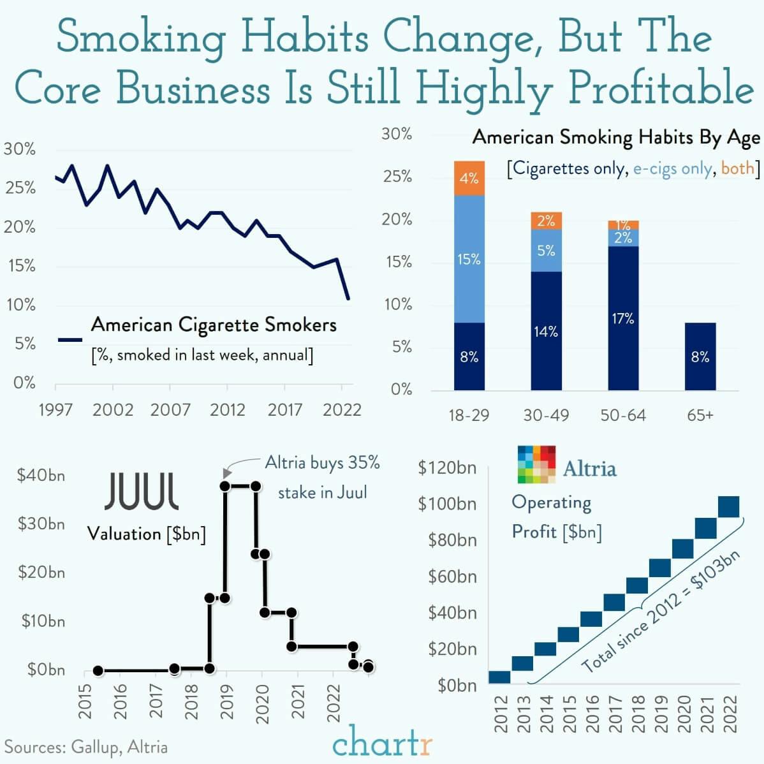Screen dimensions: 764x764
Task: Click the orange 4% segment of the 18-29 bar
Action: pyautogui.click(x=469, y=178)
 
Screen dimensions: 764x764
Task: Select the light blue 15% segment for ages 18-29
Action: pyautogui.click(x=469, y=259)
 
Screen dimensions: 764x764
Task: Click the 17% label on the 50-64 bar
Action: pyautogui.click(x=622, y=318)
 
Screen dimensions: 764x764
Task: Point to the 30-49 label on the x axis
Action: pyautogui.click(x=545, y=415)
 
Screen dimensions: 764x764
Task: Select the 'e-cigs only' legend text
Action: pyautogui.click(x=672, y=168)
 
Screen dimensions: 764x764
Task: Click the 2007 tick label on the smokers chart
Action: pyautogui.click(x=170, y=409)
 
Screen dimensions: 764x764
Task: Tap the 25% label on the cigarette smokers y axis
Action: pyautogui.click(x=21, y=188)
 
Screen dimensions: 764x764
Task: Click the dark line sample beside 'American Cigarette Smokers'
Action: pyautogui.click(x=70, y=340)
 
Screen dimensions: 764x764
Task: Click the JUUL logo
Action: pyautogui.click(x=142, y=491)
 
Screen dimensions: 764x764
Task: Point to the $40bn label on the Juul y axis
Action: pyautogui.click(x=41, y=475)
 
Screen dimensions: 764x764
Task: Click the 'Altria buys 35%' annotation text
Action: pyautogui.click(x=322, y=462)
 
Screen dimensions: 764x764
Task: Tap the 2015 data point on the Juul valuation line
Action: pyautogui.click(x=98, y=670)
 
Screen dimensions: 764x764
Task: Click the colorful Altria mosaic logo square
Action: pyautogui.click(x=536, y=464)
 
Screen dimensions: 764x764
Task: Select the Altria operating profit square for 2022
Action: pyautogui.click(x=728, y=506)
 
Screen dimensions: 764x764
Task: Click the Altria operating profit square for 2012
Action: pyautogui.click(x=499, y=677)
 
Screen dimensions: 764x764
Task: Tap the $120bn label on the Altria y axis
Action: pyautogui.click(x=447, y=467)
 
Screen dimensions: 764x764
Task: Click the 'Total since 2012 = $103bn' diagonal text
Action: pyautogui.click(x=661, y=610)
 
